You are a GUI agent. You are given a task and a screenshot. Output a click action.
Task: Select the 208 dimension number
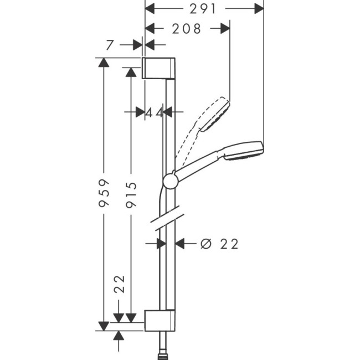coord(186,29)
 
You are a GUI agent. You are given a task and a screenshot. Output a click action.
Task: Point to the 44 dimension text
coord(155,112)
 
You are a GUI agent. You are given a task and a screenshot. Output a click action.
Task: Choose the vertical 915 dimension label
coord(131,193)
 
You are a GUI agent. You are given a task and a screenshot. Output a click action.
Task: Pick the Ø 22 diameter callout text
coord(219,244)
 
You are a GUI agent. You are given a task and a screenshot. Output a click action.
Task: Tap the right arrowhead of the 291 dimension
coord(258,8)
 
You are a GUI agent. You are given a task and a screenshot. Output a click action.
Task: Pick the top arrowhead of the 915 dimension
coord(131,72)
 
